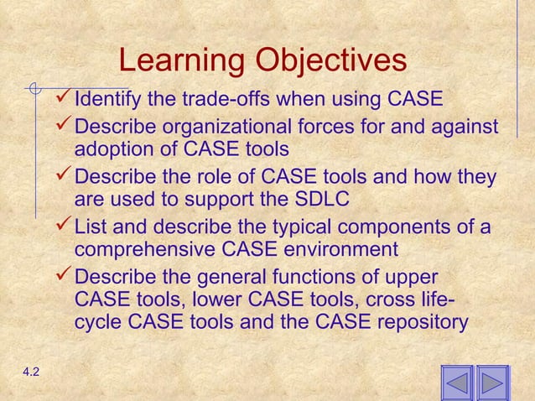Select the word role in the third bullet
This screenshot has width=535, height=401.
click(x=223, y=178)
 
